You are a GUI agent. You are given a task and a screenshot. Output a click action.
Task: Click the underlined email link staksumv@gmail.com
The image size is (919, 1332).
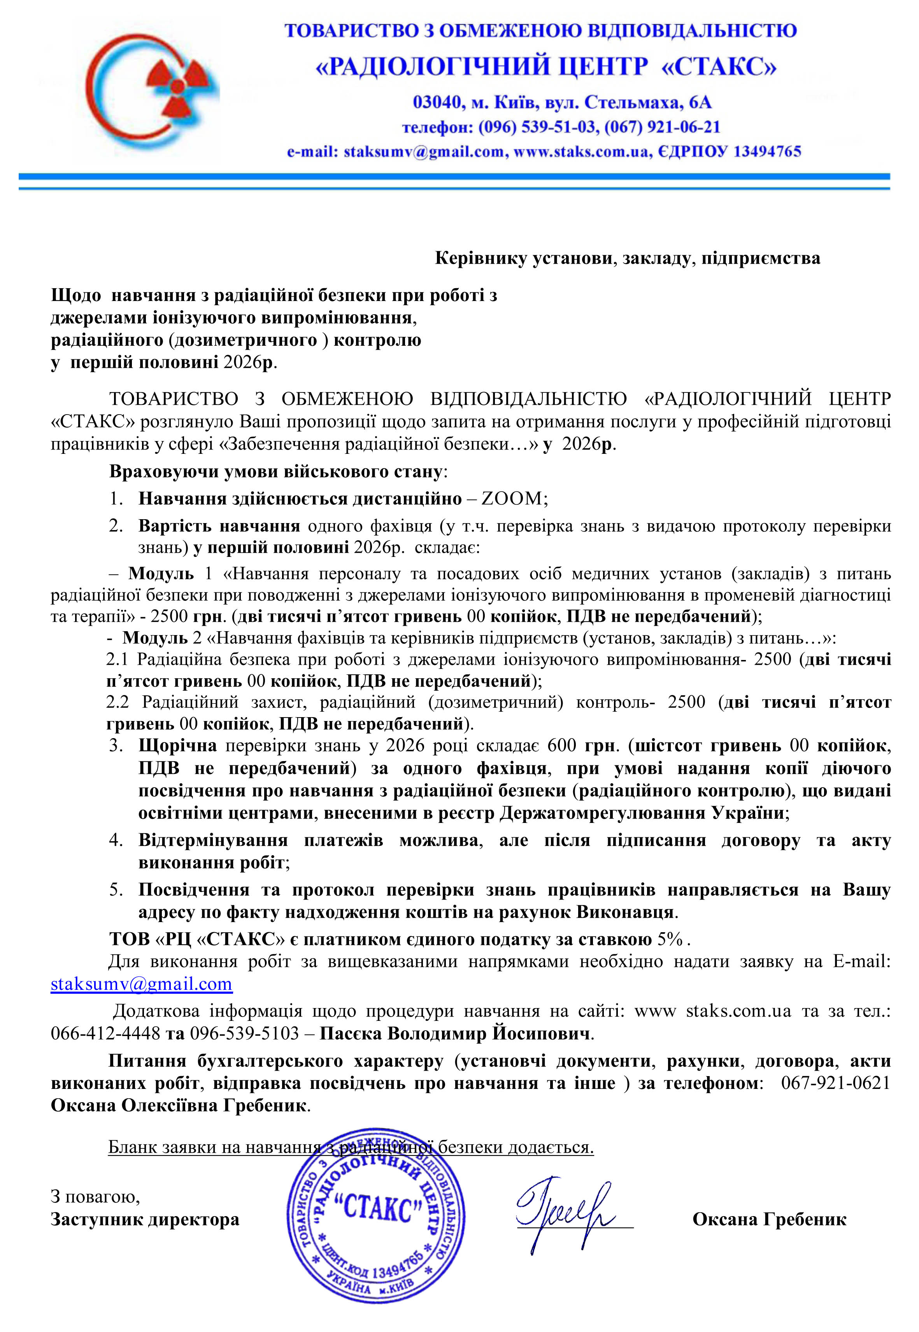point(142,984)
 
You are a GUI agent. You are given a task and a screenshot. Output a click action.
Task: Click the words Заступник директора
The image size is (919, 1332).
point(144,1219)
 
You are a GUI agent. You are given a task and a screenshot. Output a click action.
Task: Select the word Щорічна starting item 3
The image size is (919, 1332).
point(177,746)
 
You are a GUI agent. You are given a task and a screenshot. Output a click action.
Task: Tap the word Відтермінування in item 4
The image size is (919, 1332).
point(212,840)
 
